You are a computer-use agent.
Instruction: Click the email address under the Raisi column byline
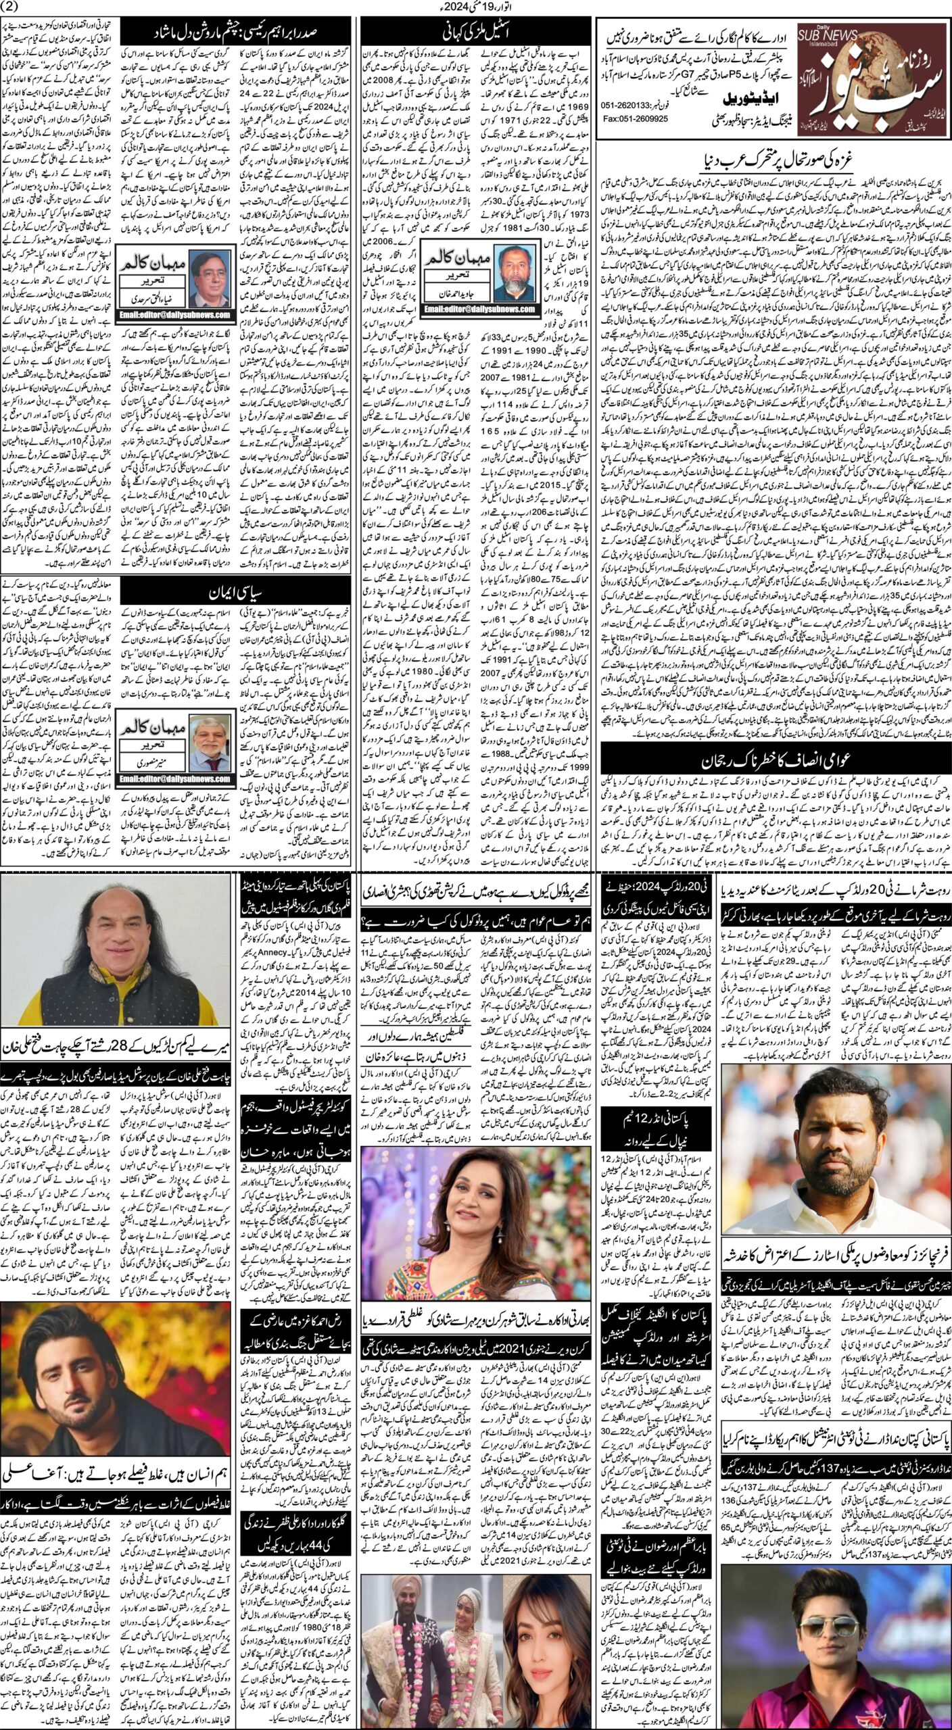[175, 315]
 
